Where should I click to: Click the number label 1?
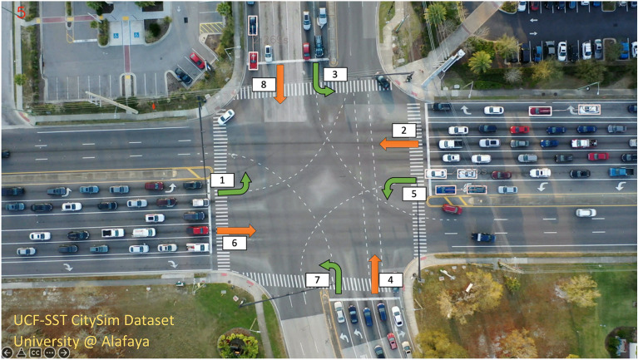click(x=221, y=180)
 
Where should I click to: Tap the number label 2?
click(x=403, y=131)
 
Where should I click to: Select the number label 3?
click(x=334, y=74)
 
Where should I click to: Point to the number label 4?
click(x=393, y=280)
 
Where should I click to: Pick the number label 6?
click(x=234, y=243)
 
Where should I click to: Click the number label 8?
click(x=264, y=84)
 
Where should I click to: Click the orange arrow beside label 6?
click(x=238, y=229)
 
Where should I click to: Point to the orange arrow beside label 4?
click(x=375, y=274)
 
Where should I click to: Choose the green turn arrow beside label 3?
click(x=321, y=81)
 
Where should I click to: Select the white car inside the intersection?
click(x=225, y=117)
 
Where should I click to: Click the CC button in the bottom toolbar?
click(x=36, y=353)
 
